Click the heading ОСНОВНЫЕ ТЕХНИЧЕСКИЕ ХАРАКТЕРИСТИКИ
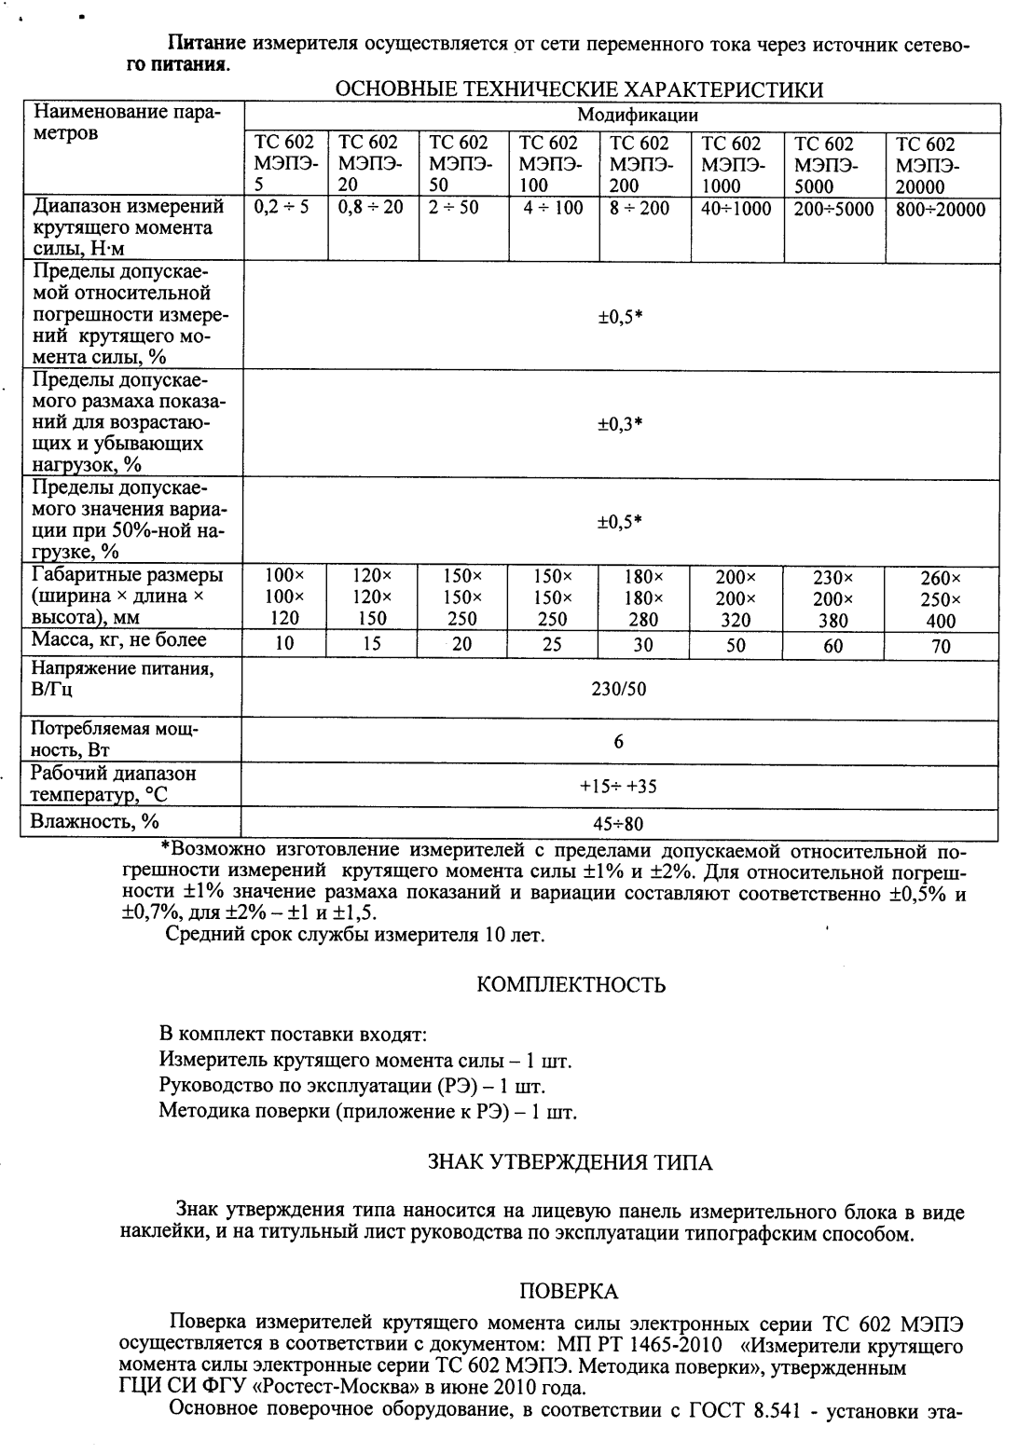(578, 90)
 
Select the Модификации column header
(638, 116)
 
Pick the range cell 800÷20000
(940, 210)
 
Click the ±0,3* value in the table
(620, 424)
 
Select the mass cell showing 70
(941, 646)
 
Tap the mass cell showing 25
(552, 644)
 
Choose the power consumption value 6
(619, 742)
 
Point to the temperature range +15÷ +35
(618, 786)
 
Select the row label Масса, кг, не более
(119, 640)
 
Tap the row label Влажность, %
(95, 821)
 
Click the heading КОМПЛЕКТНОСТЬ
(571, 985)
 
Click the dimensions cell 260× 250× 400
(941, 599)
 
